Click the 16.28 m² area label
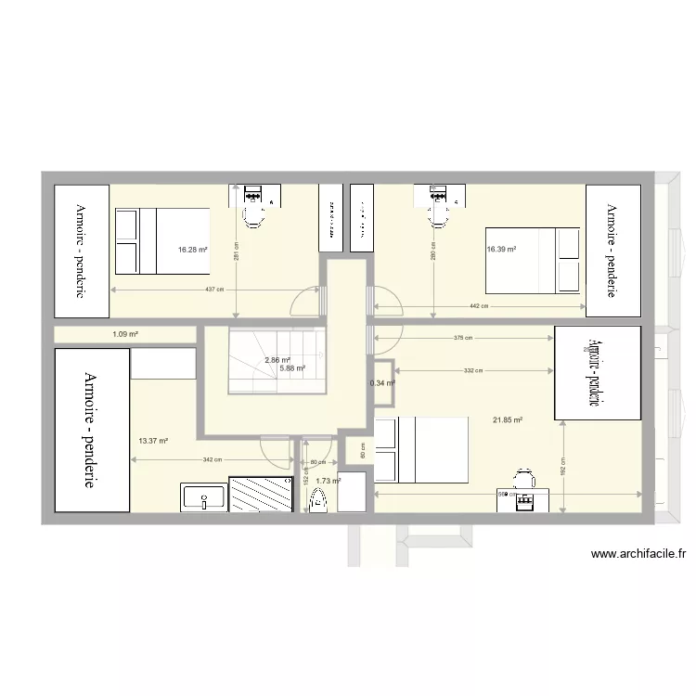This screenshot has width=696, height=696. pyautogui.click(x=192, y=250)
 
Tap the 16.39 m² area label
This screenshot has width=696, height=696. pyautogui.click(x=501, y=249)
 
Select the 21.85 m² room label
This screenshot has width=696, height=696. pyautogui.click(x=508, y=419)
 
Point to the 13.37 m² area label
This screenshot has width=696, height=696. pyautogui.click(x=152, y=441)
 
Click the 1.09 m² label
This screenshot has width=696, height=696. pyautogui.click(x=125, y=334)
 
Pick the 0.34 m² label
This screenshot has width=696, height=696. pyautogui.click(x=382, y=382)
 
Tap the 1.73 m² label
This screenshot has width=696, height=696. pyautogui.click(x=329, y=481)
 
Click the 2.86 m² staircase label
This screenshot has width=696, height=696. pyautogui.click(x=277, y=360)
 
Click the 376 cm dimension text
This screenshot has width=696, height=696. pyautogui.click(x=462, y=339)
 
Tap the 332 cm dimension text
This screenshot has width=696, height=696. pyautogui.click(x=473, y=370)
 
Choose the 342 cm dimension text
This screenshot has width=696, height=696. pyautogui.click(x=213, y=460)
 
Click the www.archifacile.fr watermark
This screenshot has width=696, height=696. pyautogui.click(x=638, y=555)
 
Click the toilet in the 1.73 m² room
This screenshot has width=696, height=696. pyautogui.click(x=319, y=500)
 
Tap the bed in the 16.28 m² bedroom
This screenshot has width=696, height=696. pyautogui.click(x=161, y=240)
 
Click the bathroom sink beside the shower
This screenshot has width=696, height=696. pyautogui.click(x=202, y=497)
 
